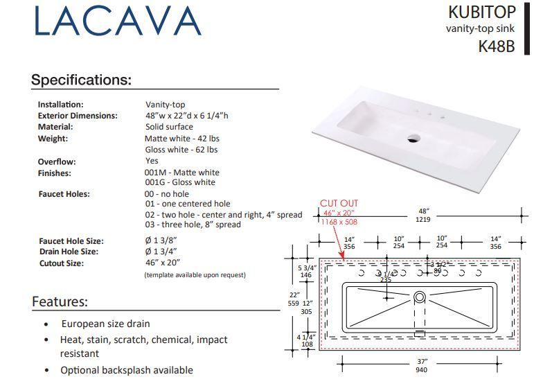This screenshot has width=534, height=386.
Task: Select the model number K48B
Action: pos(497,47)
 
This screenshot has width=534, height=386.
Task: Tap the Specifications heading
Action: pos(81,80)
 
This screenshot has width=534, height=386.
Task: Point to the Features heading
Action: pos(60,301)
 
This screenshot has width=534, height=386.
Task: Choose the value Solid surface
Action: pos(169,127)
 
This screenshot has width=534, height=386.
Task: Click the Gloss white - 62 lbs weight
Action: pos(181,150)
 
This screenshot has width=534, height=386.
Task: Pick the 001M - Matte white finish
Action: pos(181,173)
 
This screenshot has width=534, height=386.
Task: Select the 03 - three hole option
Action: pos(193,225)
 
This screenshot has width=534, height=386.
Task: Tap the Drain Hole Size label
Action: pos(69,252)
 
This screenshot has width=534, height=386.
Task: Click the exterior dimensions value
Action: pos(186,116)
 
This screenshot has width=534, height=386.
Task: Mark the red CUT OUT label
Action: pos(339,203)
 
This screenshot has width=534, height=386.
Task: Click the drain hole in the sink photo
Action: pos(413,138)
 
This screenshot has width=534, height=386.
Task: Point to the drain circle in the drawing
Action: pos(419,297)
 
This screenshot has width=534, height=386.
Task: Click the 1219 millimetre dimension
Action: pos(423,219)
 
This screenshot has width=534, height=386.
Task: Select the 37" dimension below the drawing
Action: pos(422,362)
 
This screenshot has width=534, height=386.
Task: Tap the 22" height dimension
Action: pos(294,294)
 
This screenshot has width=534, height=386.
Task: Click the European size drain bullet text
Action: pos(105,324)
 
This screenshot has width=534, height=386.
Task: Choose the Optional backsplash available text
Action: pos(127,370)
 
